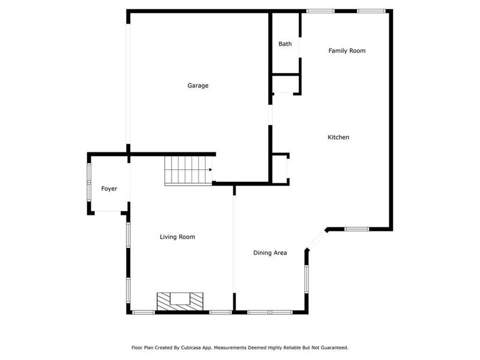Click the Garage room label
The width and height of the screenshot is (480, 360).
click(x=198, y=86)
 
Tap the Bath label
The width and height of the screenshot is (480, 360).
click(x=285, y=44)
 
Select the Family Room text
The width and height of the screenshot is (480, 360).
click(x=347, y=51)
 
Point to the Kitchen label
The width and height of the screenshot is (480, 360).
click(x=338, y=137)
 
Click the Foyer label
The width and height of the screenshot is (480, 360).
click(x=109, y=189)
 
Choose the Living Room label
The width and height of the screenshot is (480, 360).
click(x=177, y=237)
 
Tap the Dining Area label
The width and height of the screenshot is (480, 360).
click(x=269, y=253)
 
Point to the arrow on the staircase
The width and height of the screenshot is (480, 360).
click(x=210, y=170)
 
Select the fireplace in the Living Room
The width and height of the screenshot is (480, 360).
click(x=180, y=301)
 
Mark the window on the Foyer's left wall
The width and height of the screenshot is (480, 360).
click(x=89, y=178)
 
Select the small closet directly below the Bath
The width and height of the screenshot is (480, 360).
click(x=285, y=84)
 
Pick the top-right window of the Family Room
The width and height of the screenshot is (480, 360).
click(x=371, y=11)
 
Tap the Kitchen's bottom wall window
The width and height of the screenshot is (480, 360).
click(x=356, y=229)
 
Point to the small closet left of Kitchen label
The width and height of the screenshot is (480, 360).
click(x=280, y=167)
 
